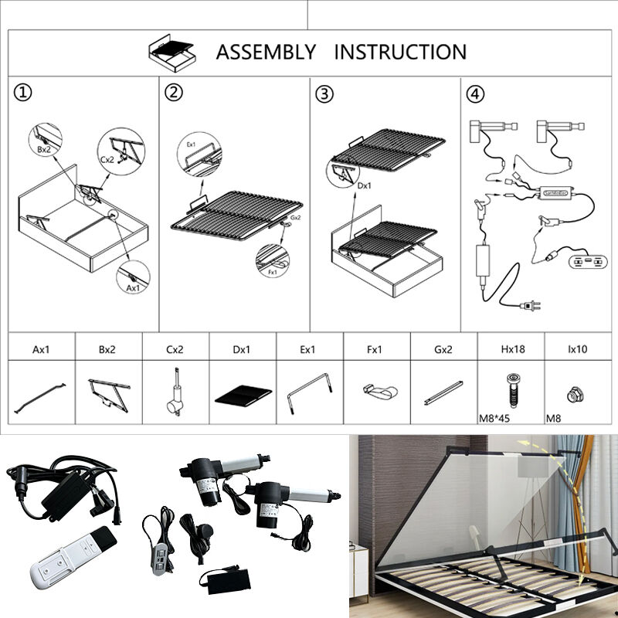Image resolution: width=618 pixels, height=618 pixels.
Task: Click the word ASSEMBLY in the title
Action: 266,53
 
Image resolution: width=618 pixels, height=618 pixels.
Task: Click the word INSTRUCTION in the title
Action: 400,53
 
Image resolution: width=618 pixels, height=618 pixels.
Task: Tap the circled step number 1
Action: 23,93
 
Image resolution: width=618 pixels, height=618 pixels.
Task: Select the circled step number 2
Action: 175,93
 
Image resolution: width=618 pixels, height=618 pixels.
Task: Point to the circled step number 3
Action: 325,93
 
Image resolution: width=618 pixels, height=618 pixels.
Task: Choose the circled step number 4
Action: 477,93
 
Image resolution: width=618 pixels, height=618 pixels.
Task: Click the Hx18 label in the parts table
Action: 512,349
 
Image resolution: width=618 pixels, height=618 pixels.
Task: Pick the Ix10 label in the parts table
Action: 576,349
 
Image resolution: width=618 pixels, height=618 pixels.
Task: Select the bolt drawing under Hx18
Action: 512,389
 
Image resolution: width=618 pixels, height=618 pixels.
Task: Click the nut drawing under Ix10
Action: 576,392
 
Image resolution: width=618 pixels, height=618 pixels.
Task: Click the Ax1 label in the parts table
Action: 42,349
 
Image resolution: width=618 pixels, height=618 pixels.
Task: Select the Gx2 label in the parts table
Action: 443,349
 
